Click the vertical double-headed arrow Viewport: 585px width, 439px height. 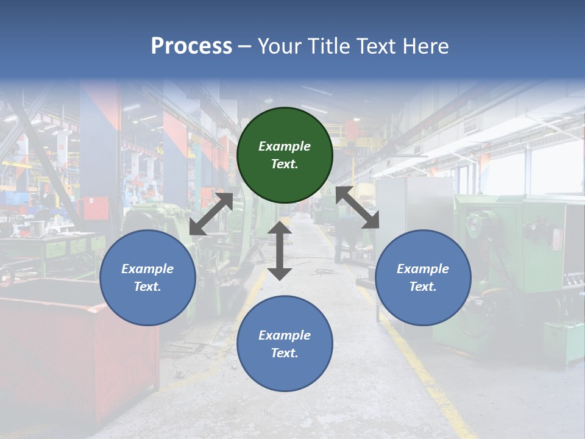[x=280, y=251]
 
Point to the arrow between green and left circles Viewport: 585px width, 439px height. [x=211, y=214]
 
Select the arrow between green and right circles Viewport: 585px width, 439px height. [x=358, y=207]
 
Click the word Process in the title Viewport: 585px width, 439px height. [x=191, y=46]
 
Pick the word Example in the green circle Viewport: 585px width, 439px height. [x=285, y=146]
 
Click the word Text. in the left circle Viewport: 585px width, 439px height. [x=147, y=287]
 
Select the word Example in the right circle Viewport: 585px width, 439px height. [x=423, y=269]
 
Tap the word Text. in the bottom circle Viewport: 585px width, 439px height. [x=285, y=353]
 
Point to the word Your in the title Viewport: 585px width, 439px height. [x=277, y=46]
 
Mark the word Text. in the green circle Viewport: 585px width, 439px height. [x=285, y=164]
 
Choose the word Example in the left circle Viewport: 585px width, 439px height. [x=147, y=269]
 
